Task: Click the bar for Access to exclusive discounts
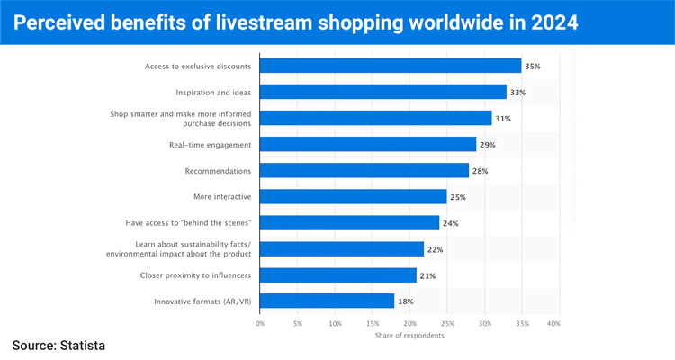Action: [x=391, y=66]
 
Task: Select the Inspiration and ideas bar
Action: [x=383, y=92]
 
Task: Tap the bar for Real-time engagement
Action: [x=368, y=144]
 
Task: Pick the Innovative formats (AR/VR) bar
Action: [x=328, y=301]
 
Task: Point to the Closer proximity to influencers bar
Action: [x=338, y=275]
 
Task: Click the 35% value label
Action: [x=533, y=67]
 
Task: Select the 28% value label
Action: [x=480, y=171]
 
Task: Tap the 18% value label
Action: [x=406, y=301]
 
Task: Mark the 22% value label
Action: [x=435, y=249]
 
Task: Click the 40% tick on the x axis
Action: [x=553, y=323]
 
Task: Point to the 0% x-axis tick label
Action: [x=260, y=323]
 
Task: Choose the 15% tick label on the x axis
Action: [x=373, y=323]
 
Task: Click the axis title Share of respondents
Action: [x=409, y=335]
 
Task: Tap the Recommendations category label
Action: [x=218, y=171]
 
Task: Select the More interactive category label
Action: [x=222, y=197]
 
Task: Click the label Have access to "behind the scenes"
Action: [x=188, y=223]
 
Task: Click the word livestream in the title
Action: [x=264, y=22]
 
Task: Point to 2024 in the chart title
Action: [x=554, y=22]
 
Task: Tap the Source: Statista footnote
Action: [x=58, y=346]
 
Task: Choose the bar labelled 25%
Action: [x=354, y=197]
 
